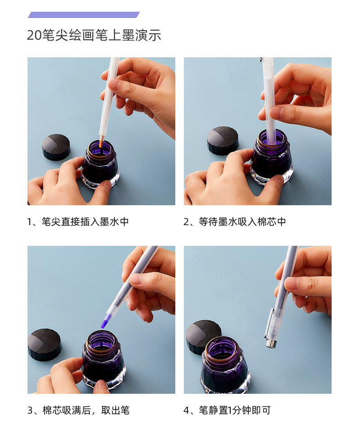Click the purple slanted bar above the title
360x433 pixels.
pyautogui.click(x=84, y=15)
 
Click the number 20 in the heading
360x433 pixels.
pyautogui.click(x=34, y=35)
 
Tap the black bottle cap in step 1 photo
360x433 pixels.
pyautogui.click(x=56, y=147)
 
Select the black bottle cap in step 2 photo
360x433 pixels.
pyautogui.click(x=222, y=141)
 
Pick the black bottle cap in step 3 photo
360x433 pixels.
pyautogui.click(x=45, y=345)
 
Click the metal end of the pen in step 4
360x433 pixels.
pyautogui.click(x=270, y=344)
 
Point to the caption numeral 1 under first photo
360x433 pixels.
pyautogui.click(x=30, y=222)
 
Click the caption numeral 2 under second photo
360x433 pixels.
pyautogui.click(x=186, y=222)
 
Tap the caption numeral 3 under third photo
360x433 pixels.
pyautogui.click(x=30, y=410)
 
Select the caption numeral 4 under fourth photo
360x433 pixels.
pyautogui.click(x=187, y=410)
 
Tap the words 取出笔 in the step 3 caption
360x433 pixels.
pyautogui.click(x=115, y=410)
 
